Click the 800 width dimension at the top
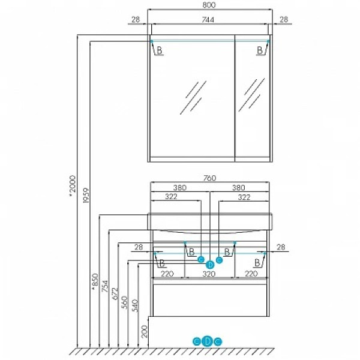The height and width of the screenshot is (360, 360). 209,5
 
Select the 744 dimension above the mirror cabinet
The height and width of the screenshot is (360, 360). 208,20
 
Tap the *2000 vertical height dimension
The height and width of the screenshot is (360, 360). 73,186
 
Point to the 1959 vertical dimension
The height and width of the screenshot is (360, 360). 86,196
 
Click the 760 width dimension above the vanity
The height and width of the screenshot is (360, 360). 209,178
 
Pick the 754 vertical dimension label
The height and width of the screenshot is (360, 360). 105,286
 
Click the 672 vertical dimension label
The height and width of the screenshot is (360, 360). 115,293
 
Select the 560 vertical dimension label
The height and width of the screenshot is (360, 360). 125,302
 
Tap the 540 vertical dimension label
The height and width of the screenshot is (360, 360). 135,305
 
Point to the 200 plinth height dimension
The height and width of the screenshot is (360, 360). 145,331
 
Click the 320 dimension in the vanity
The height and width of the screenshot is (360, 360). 209,274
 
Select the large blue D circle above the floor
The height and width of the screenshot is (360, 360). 208,341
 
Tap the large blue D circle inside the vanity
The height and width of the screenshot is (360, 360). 210,265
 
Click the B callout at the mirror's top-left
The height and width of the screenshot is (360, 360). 160,50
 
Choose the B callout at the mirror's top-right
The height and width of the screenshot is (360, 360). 260,50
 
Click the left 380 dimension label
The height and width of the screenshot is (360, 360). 180,188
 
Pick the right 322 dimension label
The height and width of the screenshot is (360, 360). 244,197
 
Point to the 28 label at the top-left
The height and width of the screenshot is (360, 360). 136,20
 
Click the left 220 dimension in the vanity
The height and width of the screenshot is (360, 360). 167,274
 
